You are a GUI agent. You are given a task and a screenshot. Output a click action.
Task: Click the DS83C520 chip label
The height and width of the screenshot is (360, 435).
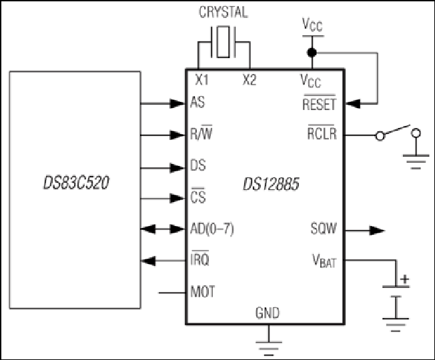click(x=76, y=183)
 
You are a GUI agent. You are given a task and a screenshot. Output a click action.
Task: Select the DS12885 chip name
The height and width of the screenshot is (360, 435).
click(x=271, y=184)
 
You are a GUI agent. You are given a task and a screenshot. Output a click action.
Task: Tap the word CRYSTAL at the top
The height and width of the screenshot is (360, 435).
click(x=224, y=12)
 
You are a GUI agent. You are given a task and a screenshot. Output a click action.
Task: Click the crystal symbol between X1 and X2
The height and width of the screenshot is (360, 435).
click(x=224, y=42)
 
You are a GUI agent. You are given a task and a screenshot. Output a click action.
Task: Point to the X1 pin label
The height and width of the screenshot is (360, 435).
click(x=202, y=80)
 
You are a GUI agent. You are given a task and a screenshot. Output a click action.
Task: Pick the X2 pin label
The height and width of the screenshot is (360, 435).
click(x=250, y=80)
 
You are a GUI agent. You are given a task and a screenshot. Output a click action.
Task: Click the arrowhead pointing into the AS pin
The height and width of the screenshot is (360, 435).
click(x=177, y=103)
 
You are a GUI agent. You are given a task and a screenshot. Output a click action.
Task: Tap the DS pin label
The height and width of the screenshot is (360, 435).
click(x=198, y=165)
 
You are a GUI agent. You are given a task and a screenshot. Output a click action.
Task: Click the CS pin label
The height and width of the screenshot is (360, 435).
click(x=198, y=196)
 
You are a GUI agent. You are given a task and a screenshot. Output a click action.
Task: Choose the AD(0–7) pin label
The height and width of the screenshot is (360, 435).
click(x=212, y=229)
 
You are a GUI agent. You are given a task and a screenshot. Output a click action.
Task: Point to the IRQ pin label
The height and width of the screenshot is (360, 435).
click(x=200, y=258)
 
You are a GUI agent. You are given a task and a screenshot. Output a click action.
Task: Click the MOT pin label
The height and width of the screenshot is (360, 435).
click(x=203, y=291)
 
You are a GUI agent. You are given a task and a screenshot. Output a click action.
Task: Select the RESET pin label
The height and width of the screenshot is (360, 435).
click(x=320, y=103)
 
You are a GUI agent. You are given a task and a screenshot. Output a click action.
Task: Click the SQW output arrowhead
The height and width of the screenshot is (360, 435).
click(x=377, y=230)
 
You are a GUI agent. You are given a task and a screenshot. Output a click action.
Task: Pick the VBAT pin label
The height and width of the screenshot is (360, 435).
click(x=324, y=261)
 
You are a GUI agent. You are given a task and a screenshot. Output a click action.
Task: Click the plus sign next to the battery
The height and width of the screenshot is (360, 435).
click(x=405, y=279)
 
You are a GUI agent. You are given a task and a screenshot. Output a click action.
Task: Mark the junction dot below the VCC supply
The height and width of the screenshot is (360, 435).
click(x=312, y=53)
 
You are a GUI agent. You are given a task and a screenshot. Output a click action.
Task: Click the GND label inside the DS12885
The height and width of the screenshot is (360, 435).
click(x=268, y=313)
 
